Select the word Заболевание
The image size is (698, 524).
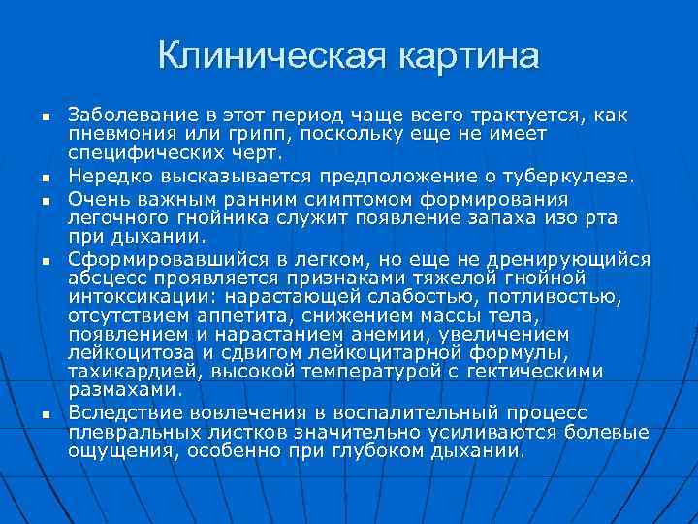123,116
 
